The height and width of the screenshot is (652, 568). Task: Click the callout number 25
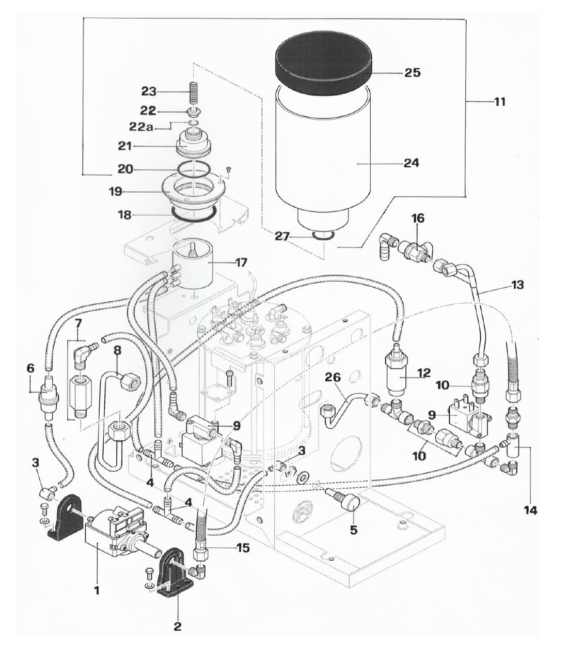tap(412, 72)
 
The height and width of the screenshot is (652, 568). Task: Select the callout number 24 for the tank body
tap(412, 163)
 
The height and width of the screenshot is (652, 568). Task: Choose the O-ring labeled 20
tap(193, 169)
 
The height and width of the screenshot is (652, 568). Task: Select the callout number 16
tap(418, 218)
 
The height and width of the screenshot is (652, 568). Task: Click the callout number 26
tap(334, 378)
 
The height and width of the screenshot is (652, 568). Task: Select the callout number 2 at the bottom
tap(178, 627)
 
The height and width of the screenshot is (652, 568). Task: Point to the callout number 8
tap(117, 349)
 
